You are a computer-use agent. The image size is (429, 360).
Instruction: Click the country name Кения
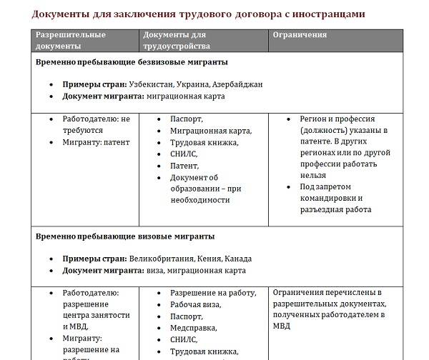[208, 259]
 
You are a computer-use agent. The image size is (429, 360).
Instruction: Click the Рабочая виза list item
[195, 305]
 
